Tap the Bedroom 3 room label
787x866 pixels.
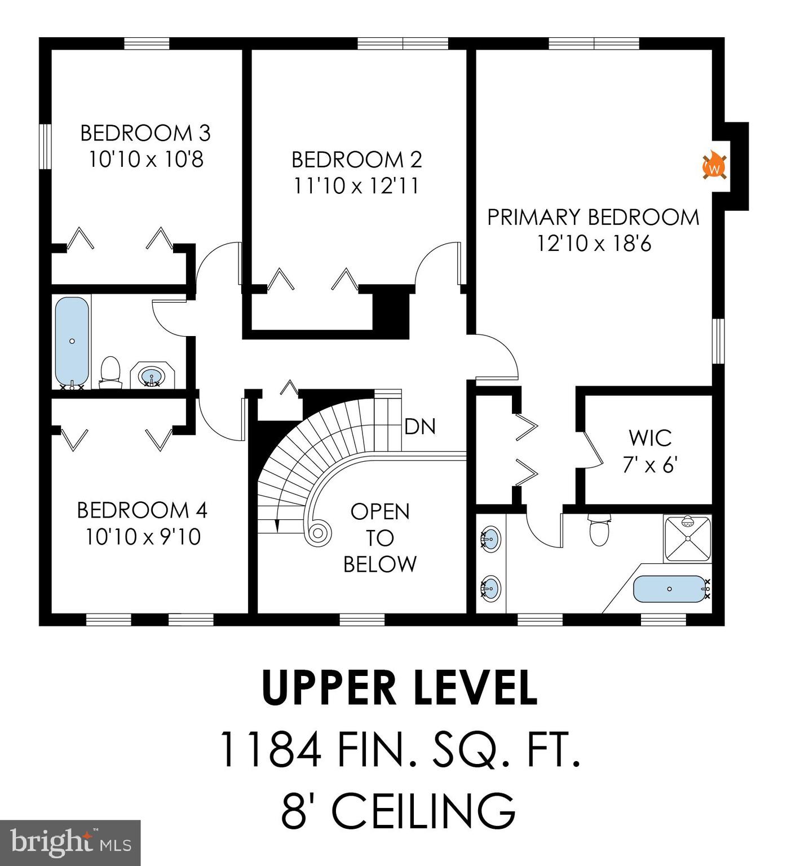click(145, 133)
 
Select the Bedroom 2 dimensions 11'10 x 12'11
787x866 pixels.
click(356, 185)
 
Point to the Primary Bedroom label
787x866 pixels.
click(593, 217)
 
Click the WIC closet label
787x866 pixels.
click(650, 438)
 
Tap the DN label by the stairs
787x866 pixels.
click(420, 427)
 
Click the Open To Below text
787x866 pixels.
click(380, 538)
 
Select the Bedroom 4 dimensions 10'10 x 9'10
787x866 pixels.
click(143, 536)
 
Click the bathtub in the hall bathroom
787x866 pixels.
click(72, 341)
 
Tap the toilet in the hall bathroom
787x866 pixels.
click(110, 372)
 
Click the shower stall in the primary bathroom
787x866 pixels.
click(687, 538)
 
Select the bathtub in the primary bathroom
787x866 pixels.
click(669, 589)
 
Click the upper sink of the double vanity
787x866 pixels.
click(490, 538)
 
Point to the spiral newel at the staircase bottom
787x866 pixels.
click(317, 532)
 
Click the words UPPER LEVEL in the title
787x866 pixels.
click(399, 688)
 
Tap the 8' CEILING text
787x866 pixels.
click(398, 810)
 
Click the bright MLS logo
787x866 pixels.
click(70, 843)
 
